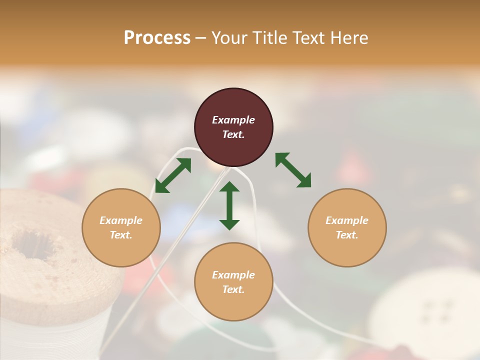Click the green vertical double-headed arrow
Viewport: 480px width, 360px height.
pos(229,205)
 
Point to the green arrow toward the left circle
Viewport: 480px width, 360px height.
pos(173,175)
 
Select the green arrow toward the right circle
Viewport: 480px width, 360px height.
pos(293,170)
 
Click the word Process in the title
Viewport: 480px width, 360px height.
pos(157,38)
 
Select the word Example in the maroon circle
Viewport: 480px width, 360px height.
pos(233,120)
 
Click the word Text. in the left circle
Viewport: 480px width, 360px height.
pos(121,235)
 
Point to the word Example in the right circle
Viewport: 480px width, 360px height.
pos(347,220)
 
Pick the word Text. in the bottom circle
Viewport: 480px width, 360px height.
pos(233,289)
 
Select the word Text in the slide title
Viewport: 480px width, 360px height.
pos(307,38)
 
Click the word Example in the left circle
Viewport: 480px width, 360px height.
pos(121,220)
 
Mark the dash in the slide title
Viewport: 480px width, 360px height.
pos(201,38)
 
